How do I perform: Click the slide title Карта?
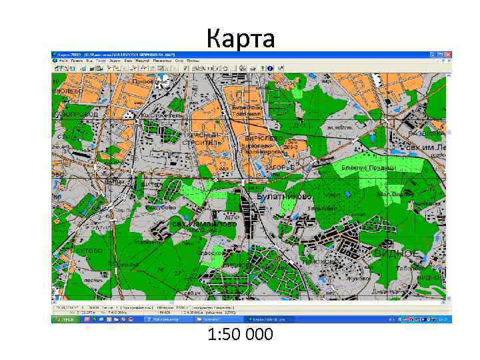[240, 39]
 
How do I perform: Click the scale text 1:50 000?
[240, 334]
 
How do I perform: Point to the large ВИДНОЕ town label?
[397, 254]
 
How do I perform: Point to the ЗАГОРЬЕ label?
[280, 168]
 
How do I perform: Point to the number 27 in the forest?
[177, 273]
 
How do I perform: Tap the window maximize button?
[441, 55]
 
